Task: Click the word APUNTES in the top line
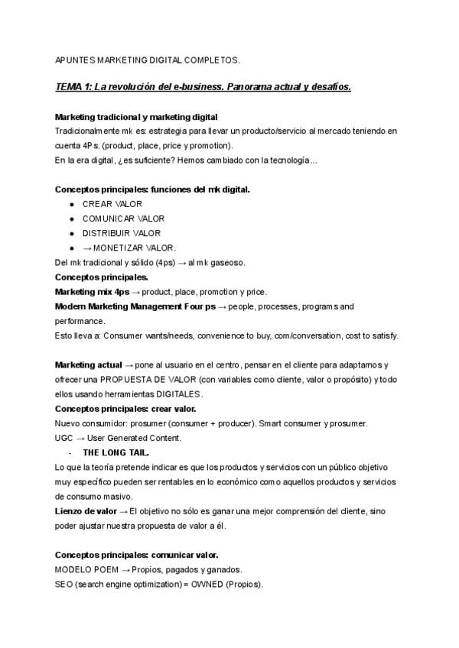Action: [75, 59]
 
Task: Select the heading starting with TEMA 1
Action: [203, 87]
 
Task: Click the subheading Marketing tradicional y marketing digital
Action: [136, 117]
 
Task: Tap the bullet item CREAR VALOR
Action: [112, 204]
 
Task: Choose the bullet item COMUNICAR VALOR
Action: [123, 219]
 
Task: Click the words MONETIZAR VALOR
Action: [134, 248]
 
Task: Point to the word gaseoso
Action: [226, 262]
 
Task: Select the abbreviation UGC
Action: [65, 438]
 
